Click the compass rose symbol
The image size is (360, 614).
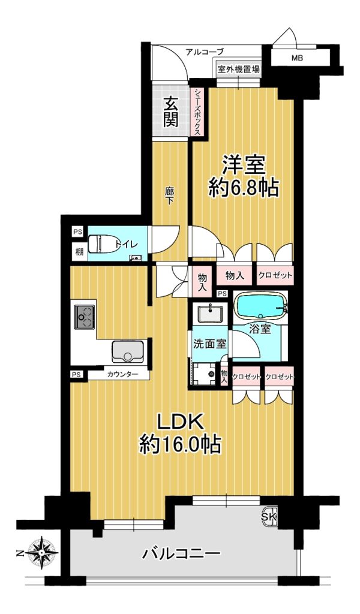(x=42, y=553)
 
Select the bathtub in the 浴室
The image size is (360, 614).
(x=260, y=305)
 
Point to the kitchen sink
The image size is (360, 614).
(x=128, y=351)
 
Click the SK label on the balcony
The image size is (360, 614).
(x=269, y=517)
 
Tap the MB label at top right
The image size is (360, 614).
(x=297, y=59)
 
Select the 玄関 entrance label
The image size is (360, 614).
(x=171, y=112)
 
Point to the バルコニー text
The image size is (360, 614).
(x=181, y=553)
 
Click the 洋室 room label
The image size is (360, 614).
(x=243, y=165)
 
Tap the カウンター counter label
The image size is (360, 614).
(x=122, y=374)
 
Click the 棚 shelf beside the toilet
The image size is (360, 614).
(x=79, y=251)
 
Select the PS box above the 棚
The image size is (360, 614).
(x=77, y=231)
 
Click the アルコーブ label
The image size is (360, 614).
(x=205, y=52)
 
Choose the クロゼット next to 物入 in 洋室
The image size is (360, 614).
(x=275, y=275)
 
